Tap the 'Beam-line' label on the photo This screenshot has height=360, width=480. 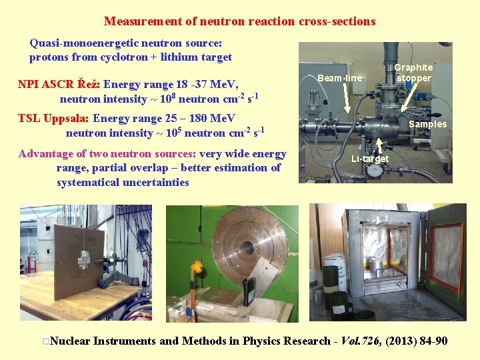[340, 79]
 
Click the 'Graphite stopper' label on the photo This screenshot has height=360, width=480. [413, 73]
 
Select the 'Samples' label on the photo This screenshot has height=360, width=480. [427, 124]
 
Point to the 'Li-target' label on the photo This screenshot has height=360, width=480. [370, 159]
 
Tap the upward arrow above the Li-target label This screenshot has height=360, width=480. [379, 145]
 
